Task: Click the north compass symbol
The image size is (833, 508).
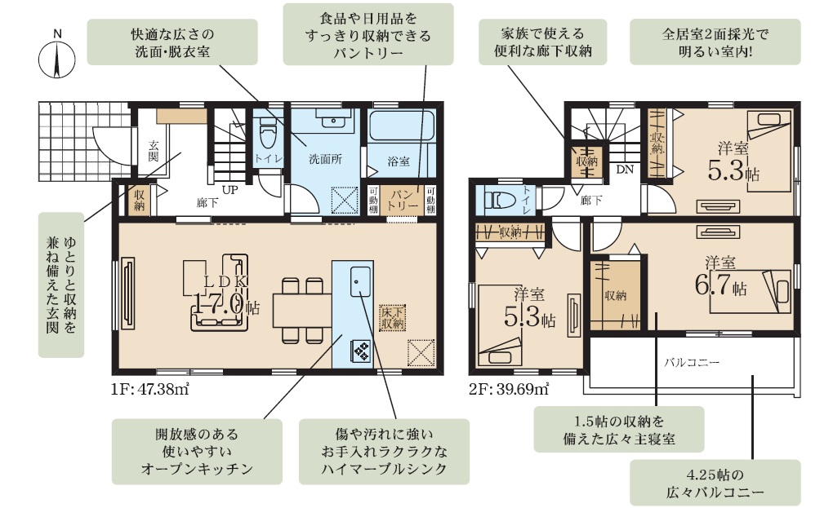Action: point(57,58)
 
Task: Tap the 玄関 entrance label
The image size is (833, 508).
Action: point(154,150)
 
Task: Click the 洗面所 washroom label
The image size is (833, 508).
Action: point(325,158)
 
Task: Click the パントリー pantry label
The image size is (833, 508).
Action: point(402,201)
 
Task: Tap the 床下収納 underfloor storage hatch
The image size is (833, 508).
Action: point(393,318)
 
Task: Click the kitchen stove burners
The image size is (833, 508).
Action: point(361,351)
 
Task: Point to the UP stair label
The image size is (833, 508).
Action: point(229,189)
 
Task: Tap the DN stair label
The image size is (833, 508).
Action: point(625,170)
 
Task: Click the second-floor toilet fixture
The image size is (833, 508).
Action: point(499,201)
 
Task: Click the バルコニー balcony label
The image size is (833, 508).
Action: point(692,363)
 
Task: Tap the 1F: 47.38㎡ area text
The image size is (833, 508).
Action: point(150,390)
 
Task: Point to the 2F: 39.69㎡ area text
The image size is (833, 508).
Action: point(509,390)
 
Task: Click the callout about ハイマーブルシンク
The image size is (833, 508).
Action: point(384,451)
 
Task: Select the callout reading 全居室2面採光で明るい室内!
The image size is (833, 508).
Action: point(715,42)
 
